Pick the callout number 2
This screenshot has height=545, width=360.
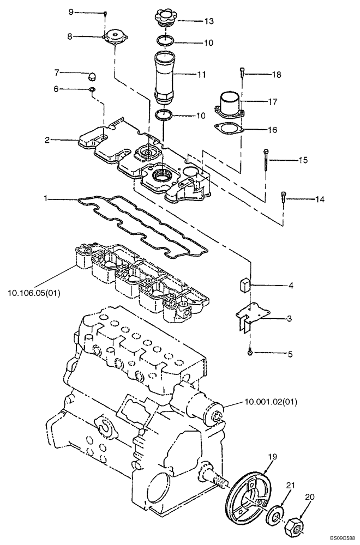click(x=47, y=140)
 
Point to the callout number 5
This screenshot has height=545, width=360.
click(x=290, y=354)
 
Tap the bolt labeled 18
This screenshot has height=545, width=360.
click(x=242, y=75)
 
